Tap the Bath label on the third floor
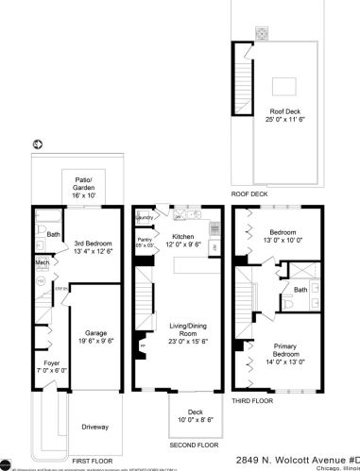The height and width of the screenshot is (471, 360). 300,290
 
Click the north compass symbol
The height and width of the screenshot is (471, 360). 37,144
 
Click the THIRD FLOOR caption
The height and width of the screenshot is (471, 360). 252,401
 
